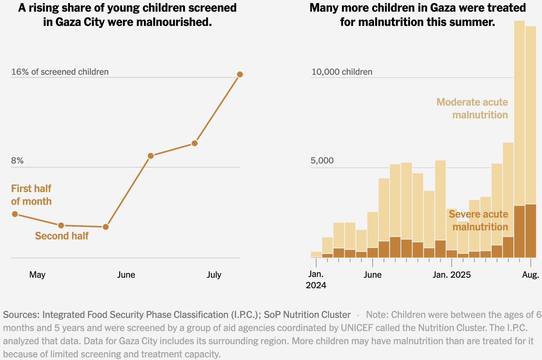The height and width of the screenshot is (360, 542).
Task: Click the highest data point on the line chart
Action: (x=240, y=74)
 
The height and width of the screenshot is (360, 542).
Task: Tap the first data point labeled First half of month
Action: (x=15, y=214)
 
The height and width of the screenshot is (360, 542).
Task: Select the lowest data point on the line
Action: (x=106, y=227)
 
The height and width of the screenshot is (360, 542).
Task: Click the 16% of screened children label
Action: (x=60, y=72)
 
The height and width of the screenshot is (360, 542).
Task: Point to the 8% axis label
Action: (x=17, y=160)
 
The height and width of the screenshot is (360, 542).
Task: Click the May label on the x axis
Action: (x=37, y=275)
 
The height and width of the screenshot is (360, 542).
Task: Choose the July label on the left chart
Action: (x=214, y=275)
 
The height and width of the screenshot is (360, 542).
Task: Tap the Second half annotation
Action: (x=62, y=236)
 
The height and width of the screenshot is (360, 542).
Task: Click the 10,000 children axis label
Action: (x=342, y=72)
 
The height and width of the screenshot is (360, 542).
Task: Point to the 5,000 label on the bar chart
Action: (x=322, y=160)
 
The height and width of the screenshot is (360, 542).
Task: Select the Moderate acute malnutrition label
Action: (x=472, y=108)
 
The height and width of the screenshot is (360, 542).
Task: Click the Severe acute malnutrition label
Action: (x=478, y=220)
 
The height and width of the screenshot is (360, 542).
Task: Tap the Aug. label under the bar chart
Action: (x=530, y=275)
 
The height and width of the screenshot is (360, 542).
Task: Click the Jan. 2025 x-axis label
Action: (x=451, y=275)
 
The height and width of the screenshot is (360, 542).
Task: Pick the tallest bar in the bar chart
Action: (x=519, y=113)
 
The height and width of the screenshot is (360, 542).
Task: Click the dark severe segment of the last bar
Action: (x=530, y=231)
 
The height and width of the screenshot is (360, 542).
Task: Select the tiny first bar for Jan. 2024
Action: (x=316, y=254)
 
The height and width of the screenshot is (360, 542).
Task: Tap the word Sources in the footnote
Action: (x=21, y=315)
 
